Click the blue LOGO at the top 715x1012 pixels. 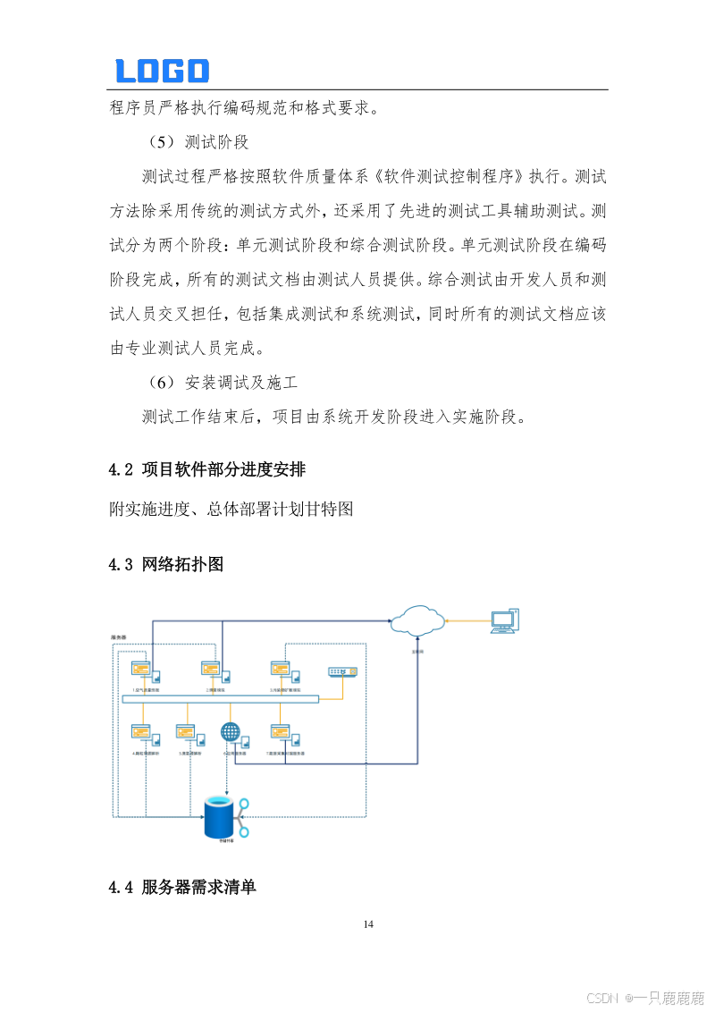click(x=162, y=71)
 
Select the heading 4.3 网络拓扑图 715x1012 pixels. click(x=165, y=564)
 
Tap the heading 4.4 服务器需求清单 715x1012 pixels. click(x=182, y=887)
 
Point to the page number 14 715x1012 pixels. click(x=368, y=923)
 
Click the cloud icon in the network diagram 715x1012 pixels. click(x=418, y=620)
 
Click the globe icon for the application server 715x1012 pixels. click(x=231, y=733)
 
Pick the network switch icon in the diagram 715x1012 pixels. click(x=342, y=671)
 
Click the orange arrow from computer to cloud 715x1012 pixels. click(x=467, y=620)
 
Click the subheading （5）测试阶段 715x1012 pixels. click(x=198, y=141)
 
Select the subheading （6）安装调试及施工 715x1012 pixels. click(x=223, y=383)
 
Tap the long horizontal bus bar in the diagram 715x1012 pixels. click(x=219, y=699)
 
